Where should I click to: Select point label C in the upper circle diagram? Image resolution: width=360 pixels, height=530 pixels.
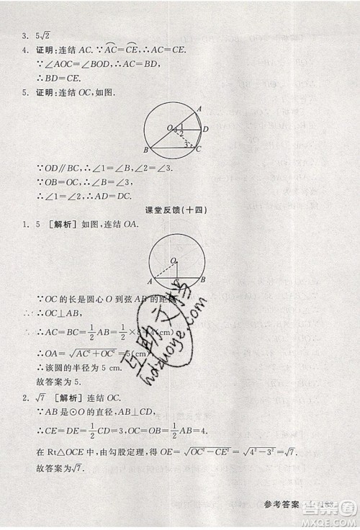click(x=199, y=149)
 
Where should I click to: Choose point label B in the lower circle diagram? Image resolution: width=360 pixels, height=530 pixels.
click(x=204, y=279)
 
